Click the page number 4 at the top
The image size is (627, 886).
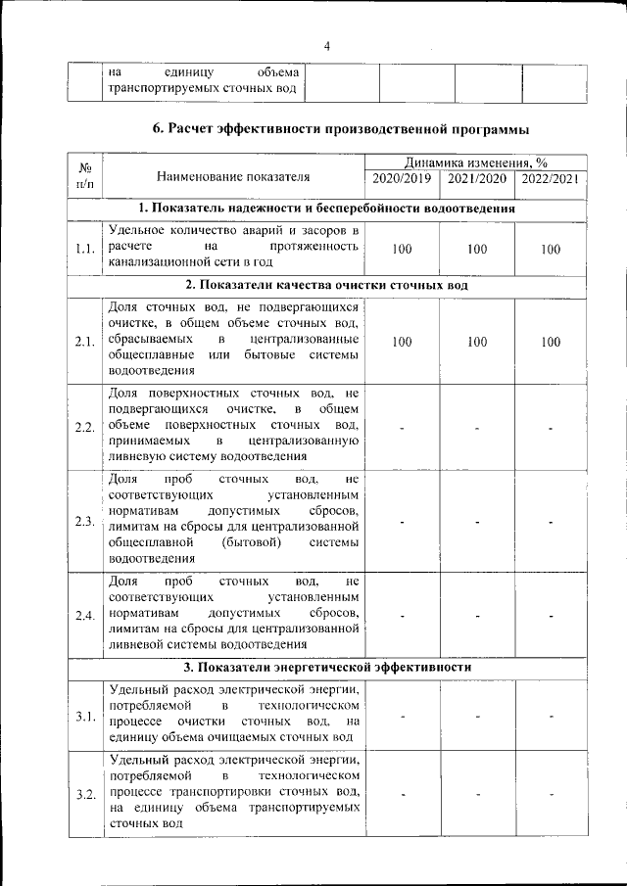[327, 46]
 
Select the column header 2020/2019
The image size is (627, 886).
[402, 178]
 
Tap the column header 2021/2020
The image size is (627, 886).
[477, 178]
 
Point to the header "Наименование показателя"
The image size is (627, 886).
[233, 177]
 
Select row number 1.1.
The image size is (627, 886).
[84, 249]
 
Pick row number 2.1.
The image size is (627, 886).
[84, 342]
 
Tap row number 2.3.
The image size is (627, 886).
[84, 520]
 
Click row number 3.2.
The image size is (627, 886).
[84, 794]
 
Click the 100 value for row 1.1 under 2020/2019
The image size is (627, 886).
[402, 249]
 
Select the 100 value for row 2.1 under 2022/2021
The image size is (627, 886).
[551, 342]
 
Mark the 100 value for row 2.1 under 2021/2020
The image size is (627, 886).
[477, 342]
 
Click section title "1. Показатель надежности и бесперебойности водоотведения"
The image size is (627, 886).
[327, 209]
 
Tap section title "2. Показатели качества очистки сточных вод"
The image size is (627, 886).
[327, 286]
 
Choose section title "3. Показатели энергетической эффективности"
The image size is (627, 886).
[327, 667]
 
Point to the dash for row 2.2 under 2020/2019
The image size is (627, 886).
[402, 428]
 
